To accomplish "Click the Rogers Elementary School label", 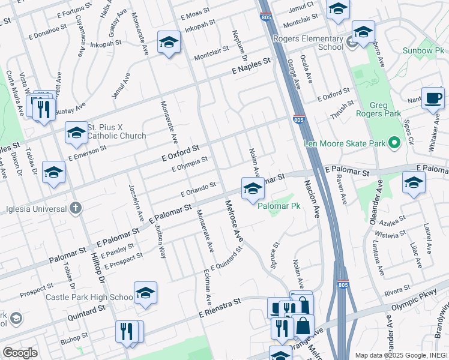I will (x=307, y=43).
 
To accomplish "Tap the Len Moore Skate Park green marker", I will (x=394, y=143).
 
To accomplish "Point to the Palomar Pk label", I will (x=279, y=206).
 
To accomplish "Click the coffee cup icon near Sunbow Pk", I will (x=433, y=98).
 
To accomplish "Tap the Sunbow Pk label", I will (x=423, y=50).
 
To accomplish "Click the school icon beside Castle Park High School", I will (x=145, y=293).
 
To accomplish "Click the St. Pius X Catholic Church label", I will (x=116, y=131).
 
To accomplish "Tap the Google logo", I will (x=20, y=353).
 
